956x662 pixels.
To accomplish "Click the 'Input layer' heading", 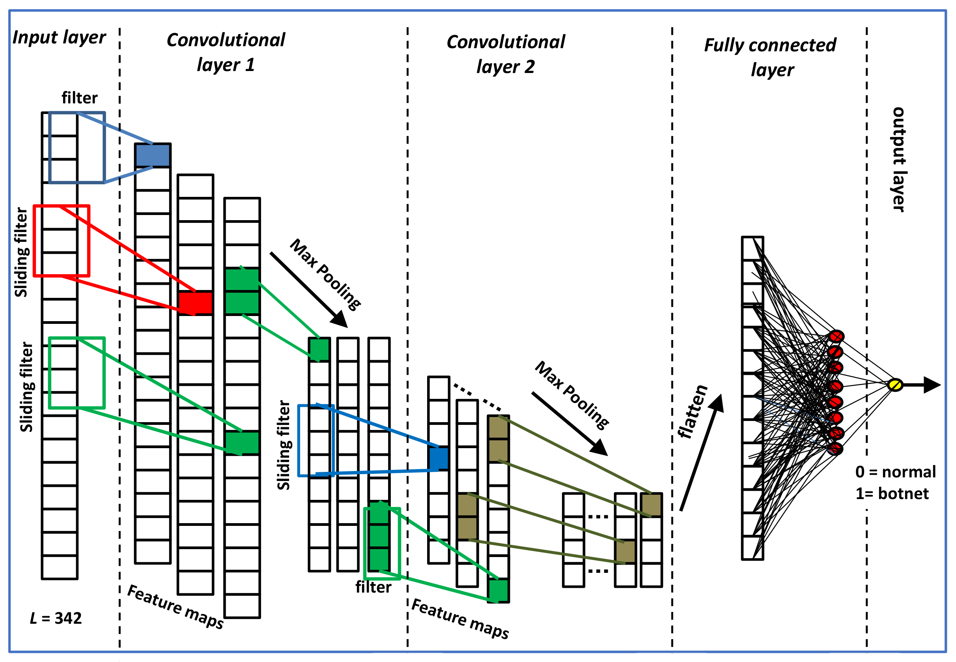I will pos(59,37).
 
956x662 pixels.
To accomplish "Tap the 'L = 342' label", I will pos(56,618).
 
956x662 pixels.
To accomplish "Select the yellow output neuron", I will pos(894,385).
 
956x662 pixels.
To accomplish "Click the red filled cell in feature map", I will pos(195,303).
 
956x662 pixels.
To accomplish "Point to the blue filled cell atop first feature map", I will pos(153,155).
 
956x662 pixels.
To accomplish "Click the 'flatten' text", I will pos(692,411).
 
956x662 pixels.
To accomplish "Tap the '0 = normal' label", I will pos(895,471).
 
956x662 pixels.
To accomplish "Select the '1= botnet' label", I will pos(892,494).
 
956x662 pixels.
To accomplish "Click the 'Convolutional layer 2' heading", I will pos(505,54).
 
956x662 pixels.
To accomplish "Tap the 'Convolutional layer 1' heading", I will pos(226,52).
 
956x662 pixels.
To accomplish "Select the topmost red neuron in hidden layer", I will pos(836,336).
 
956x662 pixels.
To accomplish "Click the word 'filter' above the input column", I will pos(80,98).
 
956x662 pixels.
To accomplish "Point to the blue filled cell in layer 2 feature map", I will pos(439,458).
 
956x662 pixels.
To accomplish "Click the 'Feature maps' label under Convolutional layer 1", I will pos(176,606).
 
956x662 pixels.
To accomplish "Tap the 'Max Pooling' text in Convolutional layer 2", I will pos(572,395).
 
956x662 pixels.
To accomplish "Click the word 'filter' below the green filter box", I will pos(373,587).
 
